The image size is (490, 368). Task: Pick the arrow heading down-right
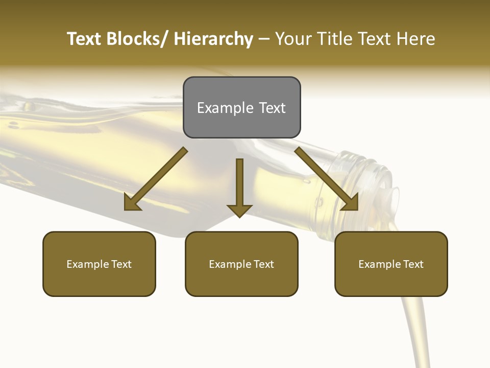click(327, 179)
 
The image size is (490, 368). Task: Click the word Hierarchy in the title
click(213, 39)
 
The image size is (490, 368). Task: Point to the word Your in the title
click(293, 39)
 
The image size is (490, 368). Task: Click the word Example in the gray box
click(225, 108)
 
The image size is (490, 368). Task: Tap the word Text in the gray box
click(272, 108)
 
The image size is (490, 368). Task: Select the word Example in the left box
click(88, 264)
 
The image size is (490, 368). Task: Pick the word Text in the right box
click(413, 264)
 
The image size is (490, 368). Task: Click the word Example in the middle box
click(230, 264)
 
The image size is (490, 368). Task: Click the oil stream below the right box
click(414, 332)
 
